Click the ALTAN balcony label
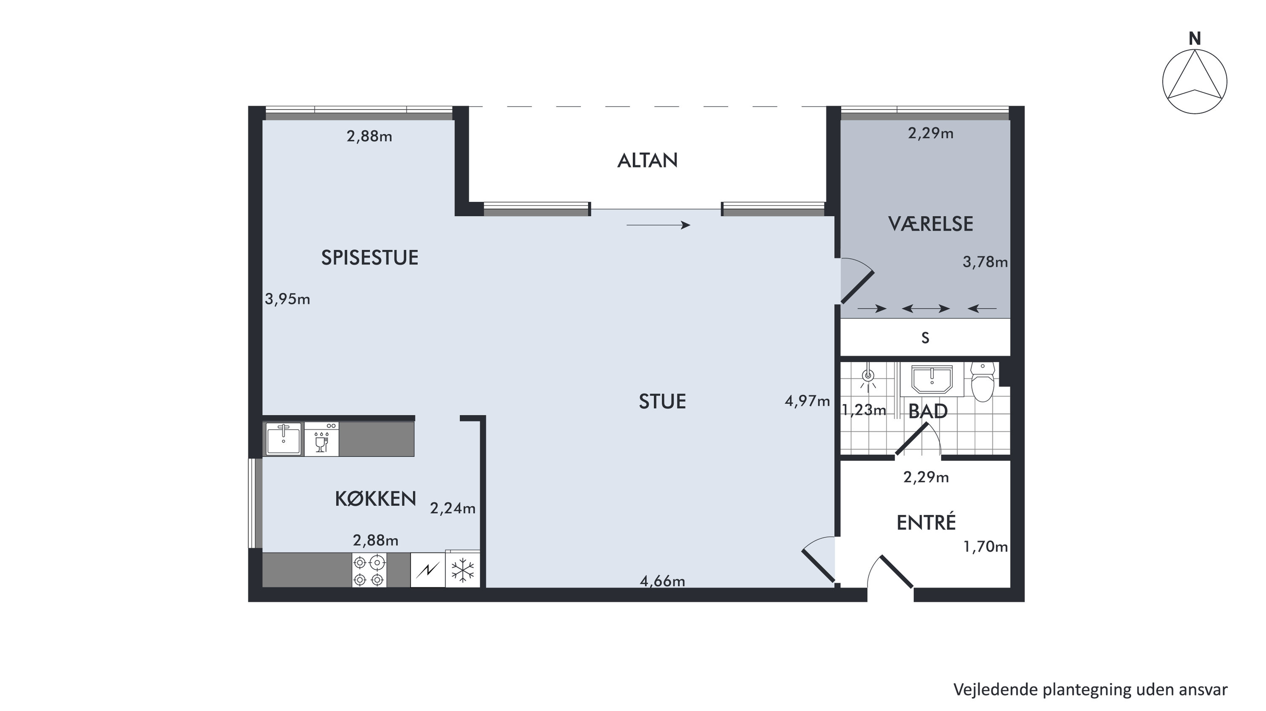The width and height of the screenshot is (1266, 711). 647,161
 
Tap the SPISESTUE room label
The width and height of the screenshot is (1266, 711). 369,258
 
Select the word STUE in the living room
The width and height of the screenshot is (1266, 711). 662,401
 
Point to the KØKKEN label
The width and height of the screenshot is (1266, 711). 375,499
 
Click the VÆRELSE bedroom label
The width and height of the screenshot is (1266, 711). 930,224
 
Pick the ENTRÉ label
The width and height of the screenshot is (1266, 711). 926,522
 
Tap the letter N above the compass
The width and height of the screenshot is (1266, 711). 1195,39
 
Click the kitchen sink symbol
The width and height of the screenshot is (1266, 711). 284,439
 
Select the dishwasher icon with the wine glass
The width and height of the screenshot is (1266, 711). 321,439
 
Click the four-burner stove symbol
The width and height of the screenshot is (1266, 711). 369,570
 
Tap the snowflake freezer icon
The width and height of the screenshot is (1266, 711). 463,571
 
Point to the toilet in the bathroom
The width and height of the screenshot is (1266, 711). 983,382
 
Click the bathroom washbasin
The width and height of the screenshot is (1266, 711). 932,380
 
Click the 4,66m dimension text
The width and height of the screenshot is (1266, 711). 662,582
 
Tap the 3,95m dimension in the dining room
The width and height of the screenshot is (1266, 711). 287,299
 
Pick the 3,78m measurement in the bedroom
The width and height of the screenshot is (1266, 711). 985,262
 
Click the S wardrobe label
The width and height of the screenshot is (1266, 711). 925,338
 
